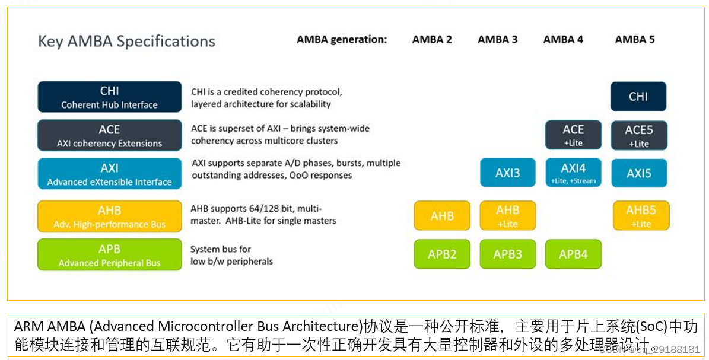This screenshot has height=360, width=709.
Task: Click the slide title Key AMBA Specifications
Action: tap(126, 42)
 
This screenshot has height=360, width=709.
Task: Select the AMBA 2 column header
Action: tap(432, 40)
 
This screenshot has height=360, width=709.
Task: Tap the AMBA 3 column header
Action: tap(497, 40)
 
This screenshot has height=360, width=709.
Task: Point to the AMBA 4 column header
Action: tap(563, 40)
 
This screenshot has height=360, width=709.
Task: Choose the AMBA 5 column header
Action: tap(635, 40)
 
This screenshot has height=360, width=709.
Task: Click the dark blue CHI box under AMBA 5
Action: tap(638, 97)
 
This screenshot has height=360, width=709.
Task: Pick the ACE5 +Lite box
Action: tap(638, 135)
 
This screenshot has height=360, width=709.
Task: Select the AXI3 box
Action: tap(508, 173)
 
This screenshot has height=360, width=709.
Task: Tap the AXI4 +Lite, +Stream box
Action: tap(573, 173)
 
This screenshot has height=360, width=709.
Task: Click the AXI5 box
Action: tap(639, 173)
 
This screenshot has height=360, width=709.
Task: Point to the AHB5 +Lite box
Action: tap(641, 215)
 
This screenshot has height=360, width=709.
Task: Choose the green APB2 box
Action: tap(442, 254)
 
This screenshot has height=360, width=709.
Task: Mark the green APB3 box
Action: tap(508, 254)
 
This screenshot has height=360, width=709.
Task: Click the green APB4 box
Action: tap(573, 254)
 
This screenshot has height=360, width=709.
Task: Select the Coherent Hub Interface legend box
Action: tap(109, 97)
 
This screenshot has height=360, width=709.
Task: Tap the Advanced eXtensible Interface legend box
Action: tap(109, 174)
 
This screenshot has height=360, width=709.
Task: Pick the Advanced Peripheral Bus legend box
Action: tap(109, 255)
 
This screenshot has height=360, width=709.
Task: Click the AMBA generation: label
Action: tap(342, 40)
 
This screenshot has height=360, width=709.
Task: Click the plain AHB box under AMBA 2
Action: tap(442, 216)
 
